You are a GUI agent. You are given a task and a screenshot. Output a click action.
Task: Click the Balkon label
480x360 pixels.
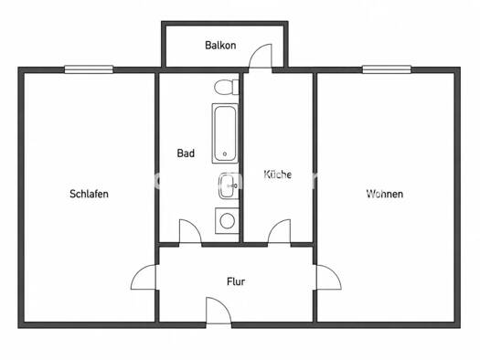220,46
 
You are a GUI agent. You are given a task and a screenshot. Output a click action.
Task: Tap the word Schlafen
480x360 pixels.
89,194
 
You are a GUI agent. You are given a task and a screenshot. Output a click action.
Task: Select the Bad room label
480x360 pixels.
186,153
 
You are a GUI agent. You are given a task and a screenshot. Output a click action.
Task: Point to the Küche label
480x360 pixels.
278,175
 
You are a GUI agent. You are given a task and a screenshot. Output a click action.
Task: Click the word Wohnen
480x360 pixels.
385,194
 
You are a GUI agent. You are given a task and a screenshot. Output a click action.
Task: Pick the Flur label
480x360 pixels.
236,281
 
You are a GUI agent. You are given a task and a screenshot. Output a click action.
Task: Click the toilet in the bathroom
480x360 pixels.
227,87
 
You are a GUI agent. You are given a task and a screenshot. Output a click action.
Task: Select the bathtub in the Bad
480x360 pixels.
225,133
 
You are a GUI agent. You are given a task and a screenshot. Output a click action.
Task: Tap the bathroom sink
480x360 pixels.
229,185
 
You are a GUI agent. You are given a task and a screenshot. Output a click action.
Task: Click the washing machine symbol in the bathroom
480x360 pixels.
227,221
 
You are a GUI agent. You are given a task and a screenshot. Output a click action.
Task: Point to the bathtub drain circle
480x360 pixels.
225,154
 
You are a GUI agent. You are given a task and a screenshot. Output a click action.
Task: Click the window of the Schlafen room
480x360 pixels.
89,69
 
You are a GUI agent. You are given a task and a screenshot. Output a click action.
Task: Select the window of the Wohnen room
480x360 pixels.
387,69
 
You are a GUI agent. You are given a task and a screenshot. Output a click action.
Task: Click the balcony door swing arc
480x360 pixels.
256,50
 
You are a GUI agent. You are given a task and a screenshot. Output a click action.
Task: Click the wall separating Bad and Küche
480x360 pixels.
241,158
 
